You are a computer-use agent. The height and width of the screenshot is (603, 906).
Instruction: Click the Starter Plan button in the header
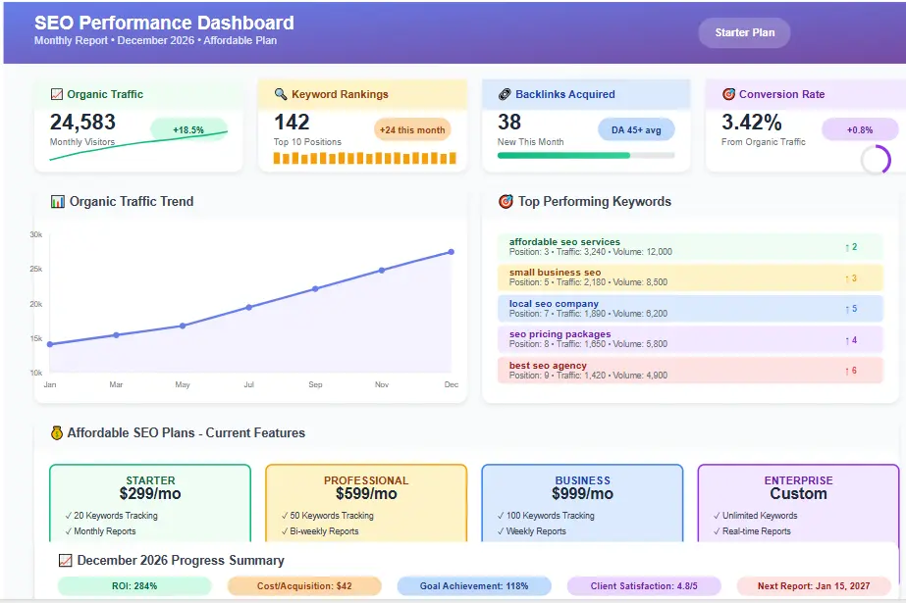[744, 32]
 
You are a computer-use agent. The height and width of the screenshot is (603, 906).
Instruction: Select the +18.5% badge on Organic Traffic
[187, 129]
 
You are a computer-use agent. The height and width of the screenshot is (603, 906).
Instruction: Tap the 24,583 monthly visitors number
[82, 123]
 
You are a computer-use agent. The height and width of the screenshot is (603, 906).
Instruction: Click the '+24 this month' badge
[412, 129]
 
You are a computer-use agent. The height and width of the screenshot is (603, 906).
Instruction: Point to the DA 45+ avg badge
[636, 129]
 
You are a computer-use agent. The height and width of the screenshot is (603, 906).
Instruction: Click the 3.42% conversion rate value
[752, 123]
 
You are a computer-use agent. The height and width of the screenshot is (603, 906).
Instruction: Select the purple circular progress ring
[876, 160]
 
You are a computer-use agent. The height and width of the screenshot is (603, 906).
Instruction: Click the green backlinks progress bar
[563, 155]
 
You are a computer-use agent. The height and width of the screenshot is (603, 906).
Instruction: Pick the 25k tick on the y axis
[35, 269]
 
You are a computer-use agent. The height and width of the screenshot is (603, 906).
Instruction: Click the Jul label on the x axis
[248, 385]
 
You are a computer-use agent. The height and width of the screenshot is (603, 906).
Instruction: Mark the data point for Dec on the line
[452, 252]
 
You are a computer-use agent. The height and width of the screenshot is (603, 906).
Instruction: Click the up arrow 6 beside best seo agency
[850, 371]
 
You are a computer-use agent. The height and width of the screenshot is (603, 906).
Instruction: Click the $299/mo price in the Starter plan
[150, 494]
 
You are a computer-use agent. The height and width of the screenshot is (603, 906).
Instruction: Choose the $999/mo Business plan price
[582, 494]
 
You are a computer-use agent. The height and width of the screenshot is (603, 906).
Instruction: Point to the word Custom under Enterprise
[798, 494]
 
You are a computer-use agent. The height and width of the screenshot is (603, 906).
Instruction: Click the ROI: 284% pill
[134, 586]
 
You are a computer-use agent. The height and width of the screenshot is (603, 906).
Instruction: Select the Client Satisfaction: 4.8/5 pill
[644, 586]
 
